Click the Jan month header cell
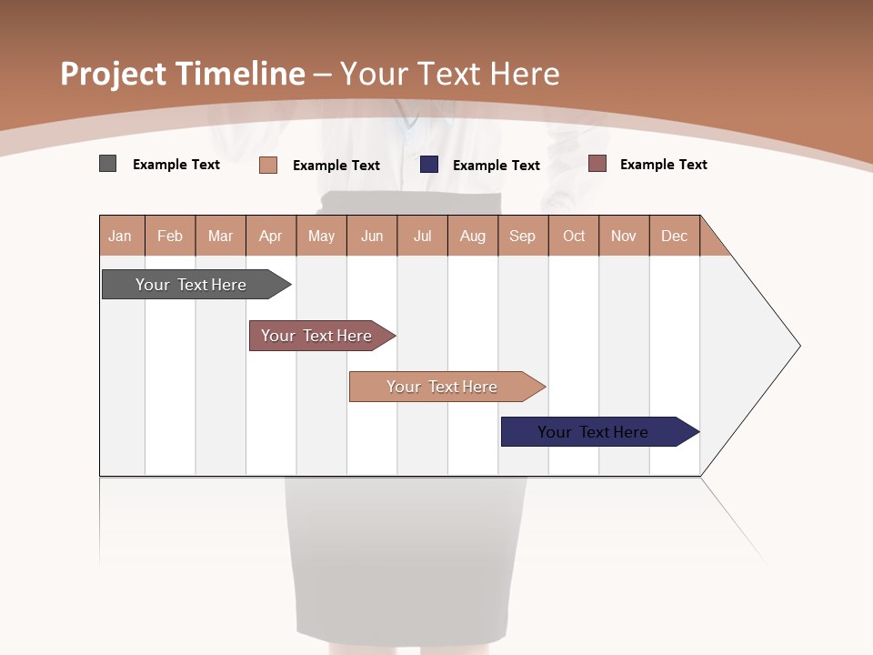pos(121,236)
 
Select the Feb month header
pos(170,236)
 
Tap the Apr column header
pos(271,236)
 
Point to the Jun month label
pos(372,236)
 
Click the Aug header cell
pos(473,236)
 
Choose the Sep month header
pos(523,236)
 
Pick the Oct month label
pos(574,236)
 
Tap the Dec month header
pos(675,236)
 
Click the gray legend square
pos(107,164)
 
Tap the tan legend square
pos(267,165)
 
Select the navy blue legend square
pos(429,164)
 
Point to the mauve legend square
pos(597,164)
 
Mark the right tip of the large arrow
pos(798,346)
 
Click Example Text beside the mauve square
pos(663,165)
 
